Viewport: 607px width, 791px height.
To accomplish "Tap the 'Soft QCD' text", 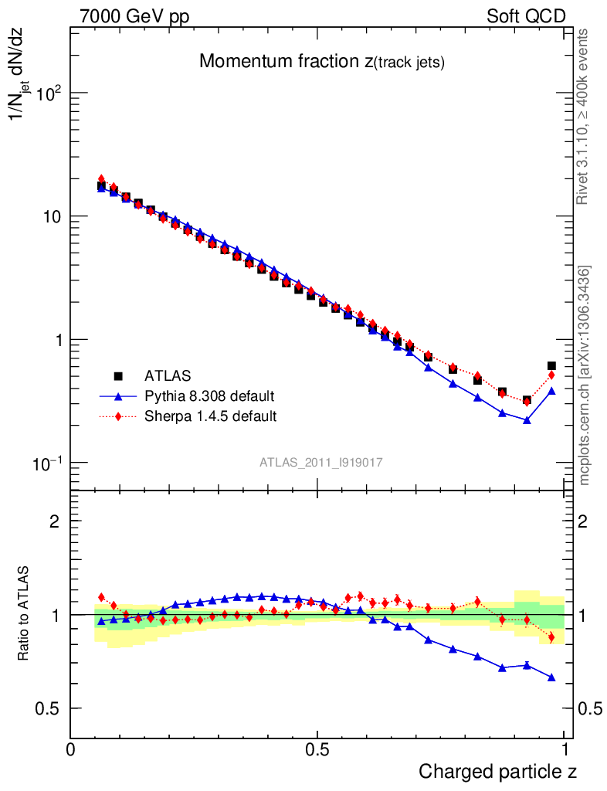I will [526, 16].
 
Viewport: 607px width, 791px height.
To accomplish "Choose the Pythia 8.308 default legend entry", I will [209, 396].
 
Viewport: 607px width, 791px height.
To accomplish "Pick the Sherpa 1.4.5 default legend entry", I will [211, 416].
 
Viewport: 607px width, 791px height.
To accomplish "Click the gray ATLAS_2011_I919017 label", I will [321, 462].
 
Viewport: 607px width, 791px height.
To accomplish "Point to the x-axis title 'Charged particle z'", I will [497, 771].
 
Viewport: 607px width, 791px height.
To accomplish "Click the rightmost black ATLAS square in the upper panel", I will [551, 365].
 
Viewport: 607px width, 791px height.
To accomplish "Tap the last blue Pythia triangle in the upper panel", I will [551, 391].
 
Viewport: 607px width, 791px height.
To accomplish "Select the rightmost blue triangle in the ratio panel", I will [551, 677].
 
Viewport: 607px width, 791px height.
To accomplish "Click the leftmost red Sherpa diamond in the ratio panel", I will [101, 597].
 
